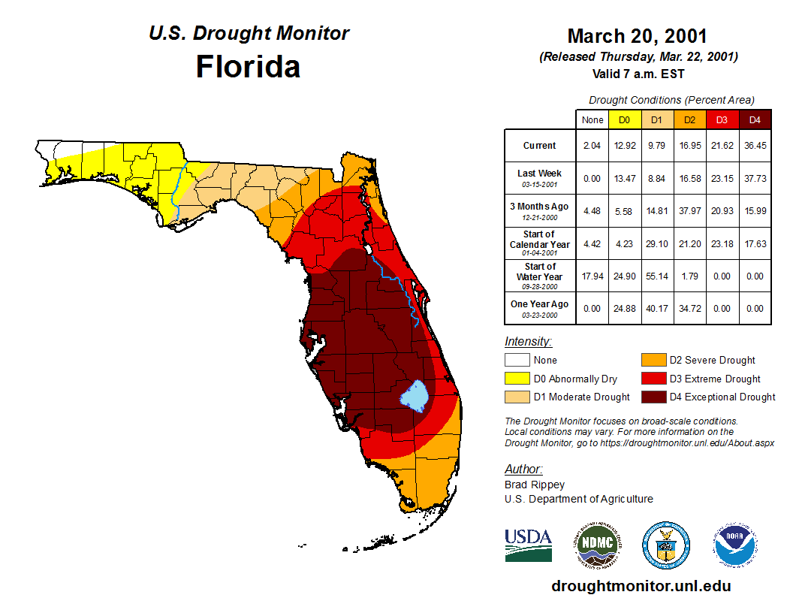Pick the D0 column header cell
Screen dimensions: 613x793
[x=624, y=119]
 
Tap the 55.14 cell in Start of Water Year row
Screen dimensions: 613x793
[x=656, y=276]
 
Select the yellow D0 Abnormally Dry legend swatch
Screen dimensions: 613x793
[x=516, y=379]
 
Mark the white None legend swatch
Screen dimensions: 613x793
[x=516, y=361]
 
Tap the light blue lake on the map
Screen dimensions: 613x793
[x=413, y=394]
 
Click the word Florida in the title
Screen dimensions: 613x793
[x=248, y=67]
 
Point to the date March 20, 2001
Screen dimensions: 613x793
[x=637, y=36]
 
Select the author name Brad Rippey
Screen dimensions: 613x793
[x=535, y=485]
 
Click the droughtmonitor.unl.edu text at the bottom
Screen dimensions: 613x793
[x=641, y=585]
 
